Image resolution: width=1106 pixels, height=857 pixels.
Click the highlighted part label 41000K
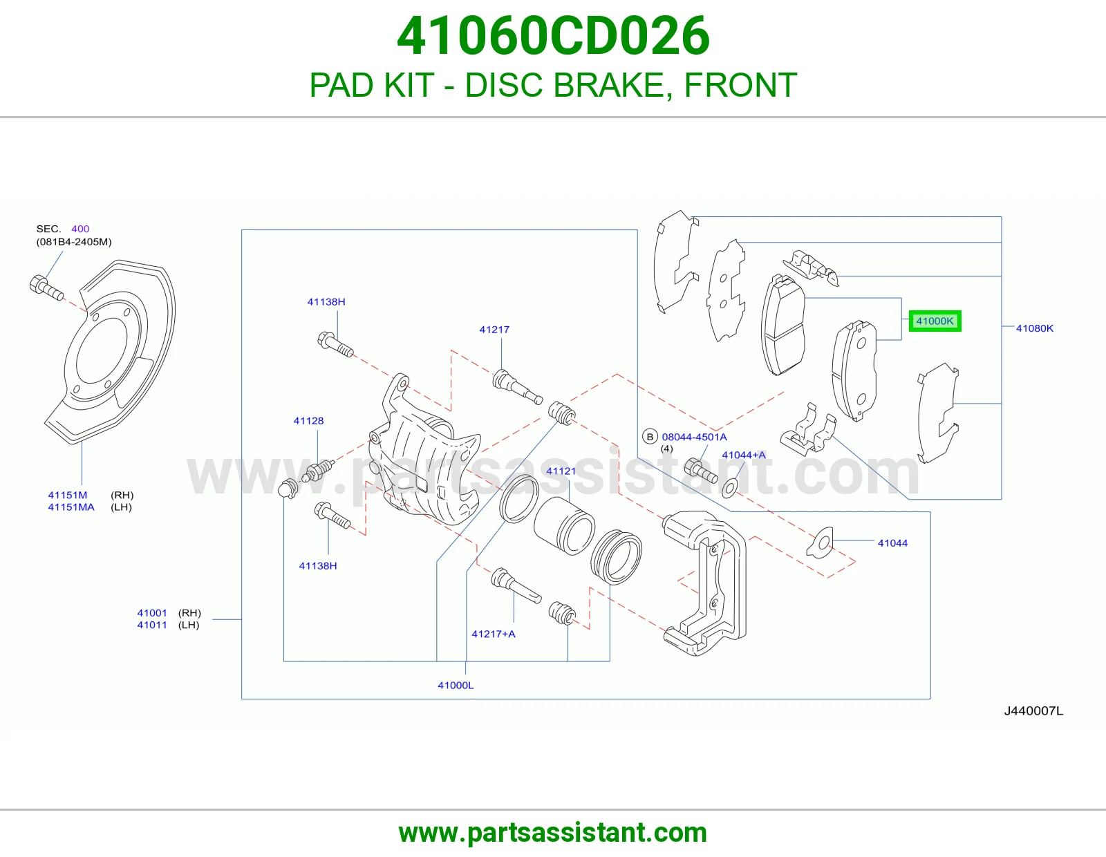935,321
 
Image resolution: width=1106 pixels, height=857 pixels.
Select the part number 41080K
1034,328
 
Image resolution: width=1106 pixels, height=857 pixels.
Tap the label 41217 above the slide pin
494,329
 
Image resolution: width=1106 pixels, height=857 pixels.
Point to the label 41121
561,471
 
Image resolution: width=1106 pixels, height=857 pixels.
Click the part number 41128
308,420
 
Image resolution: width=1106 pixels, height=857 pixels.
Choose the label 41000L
456,685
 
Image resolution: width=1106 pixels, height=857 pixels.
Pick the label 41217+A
493,634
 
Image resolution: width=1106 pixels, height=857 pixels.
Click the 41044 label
892,543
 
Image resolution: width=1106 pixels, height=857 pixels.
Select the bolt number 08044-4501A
694,437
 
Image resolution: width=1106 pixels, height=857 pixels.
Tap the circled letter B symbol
650,437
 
